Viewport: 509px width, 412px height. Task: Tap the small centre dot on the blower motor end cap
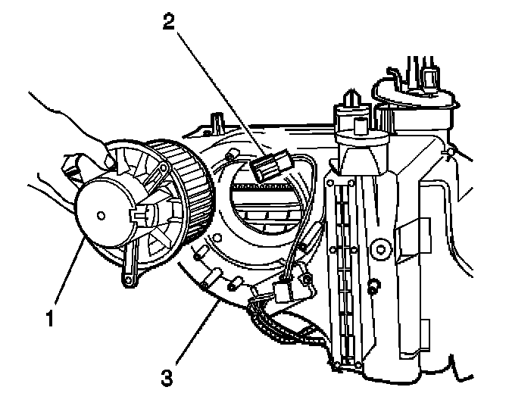(x=101, y=215)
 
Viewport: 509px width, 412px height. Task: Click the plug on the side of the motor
(x=139, y=214)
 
